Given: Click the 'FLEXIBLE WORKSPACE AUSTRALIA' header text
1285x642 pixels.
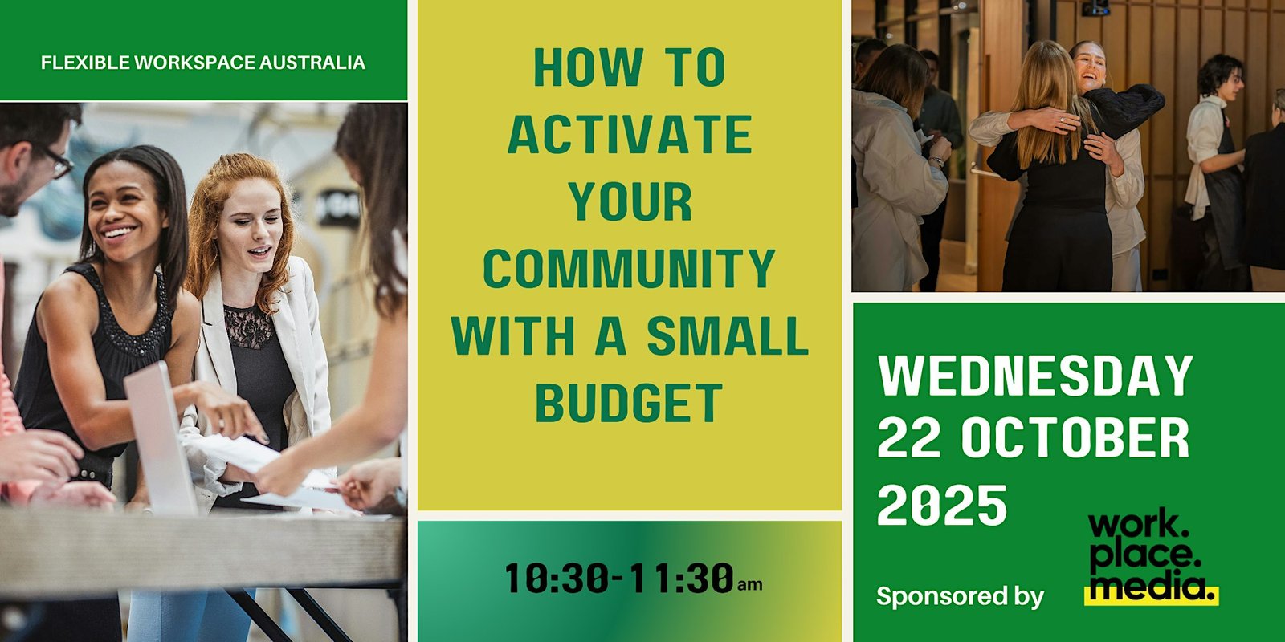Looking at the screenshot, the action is (x=203, y=62).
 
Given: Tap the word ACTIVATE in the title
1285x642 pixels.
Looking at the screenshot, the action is (x=630, y=134).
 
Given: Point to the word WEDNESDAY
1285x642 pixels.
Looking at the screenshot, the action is (x=1035, y=376).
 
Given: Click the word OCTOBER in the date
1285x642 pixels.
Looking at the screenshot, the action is (x=1075, y=437).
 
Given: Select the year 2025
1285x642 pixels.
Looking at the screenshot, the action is (x=942, y=505).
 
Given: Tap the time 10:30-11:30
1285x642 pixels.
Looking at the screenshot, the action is (x=619, y=578).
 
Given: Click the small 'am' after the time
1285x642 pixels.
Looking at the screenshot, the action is (x=750, y=585).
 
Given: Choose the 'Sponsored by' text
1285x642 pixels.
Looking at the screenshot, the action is (x=960, y=597).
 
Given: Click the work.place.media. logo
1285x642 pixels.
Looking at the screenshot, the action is (x=1151, y=557).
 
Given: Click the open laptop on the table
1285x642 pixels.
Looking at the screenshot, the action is (x=161, y=438).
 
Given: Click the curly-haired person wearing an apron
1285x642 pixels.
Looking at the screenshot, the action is (x=1216, y=172).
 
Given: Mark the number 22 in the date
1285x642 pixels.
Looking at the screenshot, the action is (x=910, y=437).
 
